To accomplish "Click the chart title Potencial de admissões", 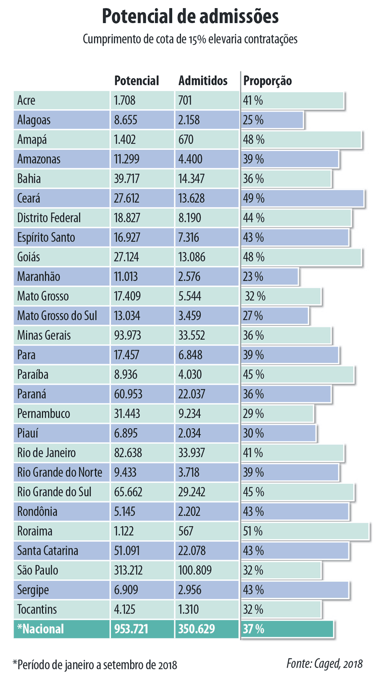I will [x=190, y=17].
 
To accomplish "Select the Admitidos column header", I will [x=203, y=81].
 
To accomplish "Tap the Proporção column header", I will [x=267, y=81].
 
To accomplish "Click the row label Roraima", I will [x=35, y=531].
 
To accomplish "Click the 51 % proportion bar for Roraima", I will [x=304, y=531].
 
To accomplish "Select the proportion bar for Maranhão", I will [x=270, y=277].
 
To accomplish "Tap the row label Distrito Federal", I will [x=49, y=218].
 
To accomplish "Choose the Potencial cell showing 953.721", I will [x=131, y=629].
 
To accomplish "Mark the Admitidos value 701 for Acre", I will [x=185, y=100].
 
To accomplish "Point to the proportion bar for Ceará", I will [x=302, y=198].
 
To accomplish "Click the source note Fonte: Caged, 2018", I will [x=324, y=662].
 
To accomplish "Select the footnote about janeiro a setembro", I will [x=95, y=664].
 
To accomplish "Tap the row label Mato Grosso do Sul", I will [x=57, y=316].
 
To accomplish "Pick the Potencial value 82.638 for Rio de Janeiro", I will [x=128, y=453].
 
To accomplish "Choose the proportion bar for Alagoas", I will [x=272, y=120].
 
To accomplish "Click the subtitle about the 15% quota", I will [x=190, y=39].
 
